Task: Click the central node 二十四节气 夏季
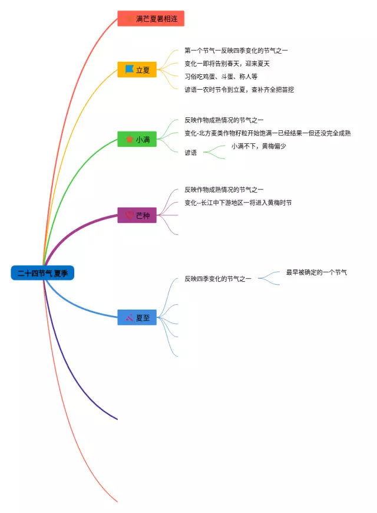pyautogui.click(x=42, y=273)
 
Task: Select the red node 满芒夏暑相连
pyautogui.click(x=151, y=19)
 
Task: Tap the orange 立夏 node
pyautogui.click(x=137, y=70)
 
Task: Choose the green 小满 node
pyautogui.click(x=137, y=140)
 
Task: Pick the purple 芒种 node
pyautogui.click(x=137, y=215)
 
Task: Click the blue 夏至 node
pyautogui.click(x=137, y=318)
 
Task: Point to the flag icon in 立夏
pyautogui.click(x=129, y=70)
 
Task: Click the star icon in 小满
pyautogui.click(x=130, y=140)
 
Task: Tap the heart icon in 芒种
pyautogui.click(x=130, y=215)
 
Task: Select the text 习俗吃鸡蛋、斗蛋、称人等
pyautogui.click(x=221, y=77)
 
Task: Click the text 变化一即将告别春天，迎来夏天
pyautogui.click(x=227, y=64)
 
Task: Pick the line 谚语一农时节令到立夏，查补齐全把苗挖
pyautogui.click(x=239, y=90)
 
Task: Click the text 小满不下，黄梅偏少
pyautogui.click(x=259, y=146)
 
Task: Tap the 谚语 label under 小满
pyautogui.click(x=191, y=152)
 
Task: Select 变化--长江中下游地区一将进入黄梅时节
pyautogui.click(x=238, y=202)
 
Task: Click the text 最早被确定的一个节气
pyautogui.click(x=316, y=272)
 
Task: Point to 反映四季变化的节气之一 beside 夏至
pyautogui.click(x=218, y=278)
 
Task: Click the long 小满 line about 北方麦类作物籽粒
pyautogui.click(x=267, y=133)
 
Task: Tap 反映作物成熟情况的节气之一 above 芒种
pyautogui.click(x=224, y=189)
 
